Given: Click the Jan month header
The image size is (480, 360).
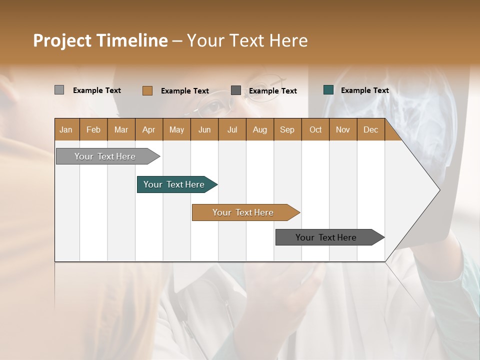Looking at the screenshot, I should (x=66, y=129).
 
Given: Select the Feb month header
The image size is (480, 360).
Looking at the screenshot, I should (x=93, y=129).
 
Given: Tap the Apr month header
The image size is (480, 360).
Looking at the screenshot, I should (x=148, y=129).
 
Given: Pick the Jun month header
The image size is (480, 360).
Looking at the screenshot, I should (x=204, y=129).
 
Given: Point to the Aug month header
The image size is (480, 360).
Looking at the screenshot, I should (x=259, y=129).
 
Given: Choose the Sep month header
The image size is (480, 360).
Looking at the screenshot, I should (x=287, y=129).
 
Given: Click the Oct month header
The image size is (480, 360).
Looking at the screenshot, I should (x=315, y=129).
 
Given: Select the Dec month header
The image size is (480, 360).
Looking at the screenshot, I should (x=370, y=129).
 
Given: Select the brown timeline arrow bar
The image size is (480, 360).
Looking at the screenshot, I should (x=243, y=212).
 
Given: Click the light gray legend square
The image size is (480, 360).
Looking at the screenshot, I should (x=59, y=90).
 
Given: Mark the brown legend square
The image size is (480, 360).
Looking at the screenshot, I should (x=147, y=90).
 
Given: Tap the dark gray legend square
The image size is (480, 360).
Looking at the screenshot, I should (x=236, y=90).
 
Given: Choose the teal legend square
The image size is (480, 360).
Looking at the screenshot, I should (x=328, y=90).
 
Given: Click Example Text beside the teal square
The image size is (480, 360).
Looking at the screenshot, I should (x=364, y=90).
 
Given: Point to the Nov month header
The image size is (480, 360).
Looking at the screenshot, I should (x=342, y=129).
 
